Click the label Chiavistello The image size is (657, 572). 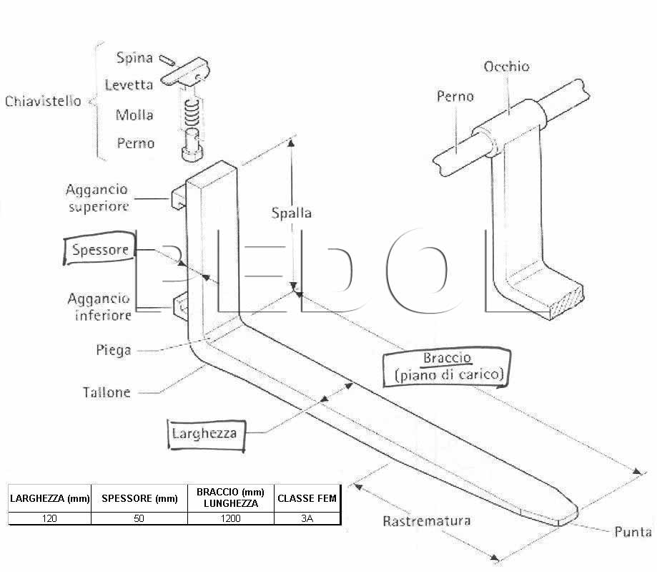[x=43, y=101]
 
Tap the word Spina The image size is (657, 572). [x=134, y=57]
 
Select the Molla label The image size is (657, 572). [x=134, y=115]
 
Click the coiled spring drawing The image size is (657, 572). [x=192, y=113]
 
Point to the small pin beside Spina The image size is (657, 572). [x=167, y=60]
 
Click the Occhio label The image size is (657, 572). [x=506, y=67]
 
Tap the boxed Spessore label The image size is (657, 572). [x=99, y=248]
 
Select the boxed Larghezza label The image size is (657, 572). [x=206, y=435]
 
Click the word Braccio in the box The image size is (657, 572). [x=447, y=358]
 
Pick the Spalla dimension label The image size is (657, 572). [x=291, y=213]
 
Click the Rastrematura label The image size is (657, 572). [x=427, y=521]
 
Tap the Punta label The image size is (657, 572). [x=633, y=532]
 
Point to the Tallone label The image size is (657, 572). [x=107, y=392]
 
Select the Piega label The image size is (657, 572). [x=114, y=350]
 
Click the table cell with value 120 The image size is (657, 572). [x=49, y=518]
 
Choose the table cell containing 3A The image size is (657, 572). [x=307, y=518]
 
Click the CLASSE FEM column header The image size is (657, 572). [x=307, y=498]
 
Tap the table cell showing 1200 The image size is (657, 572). [x=231, y=518]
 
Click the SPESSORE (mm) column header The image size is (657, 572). [x=139, y=498]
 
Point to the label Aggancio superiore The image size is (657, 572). [x=97, y=198]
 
